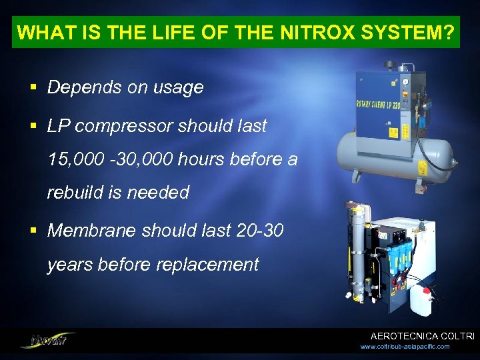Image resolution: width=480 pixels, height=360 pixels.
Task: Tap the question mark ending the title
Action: click(452, 33)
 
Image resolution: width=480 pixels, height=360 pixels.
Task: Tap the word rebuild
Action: click(75, 193)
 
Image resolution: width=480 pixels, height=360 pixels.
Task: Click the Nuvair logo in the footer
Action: click(47, 339)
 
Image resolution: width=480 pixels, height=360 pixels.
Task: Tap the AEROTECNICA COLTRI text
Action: click(422, 336)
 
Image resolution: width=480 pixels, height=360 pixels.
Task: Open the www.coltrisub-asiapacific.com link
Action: click(405, 347)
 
